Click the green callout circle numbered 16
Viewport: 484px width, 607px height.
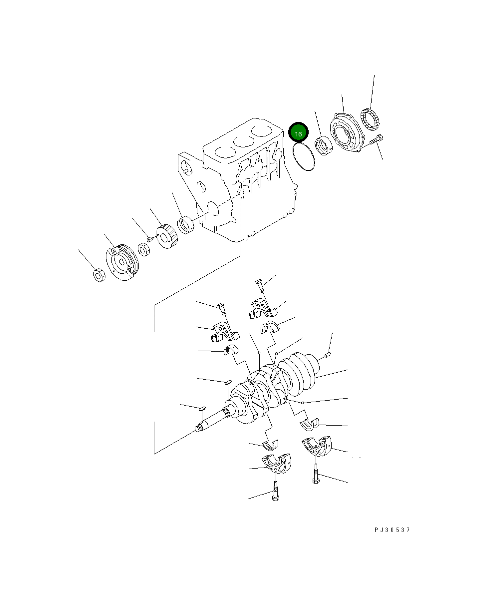point(298,134)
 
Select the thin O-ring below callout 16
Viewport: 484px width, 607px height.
point(303,156)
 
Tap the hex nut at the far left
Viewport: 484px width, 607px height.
point(99,274)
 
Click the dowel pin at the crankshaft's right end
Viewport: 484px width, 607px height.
point(328,355)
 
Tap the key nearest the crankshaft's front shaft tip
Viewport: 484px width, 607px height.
point(201,408)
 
